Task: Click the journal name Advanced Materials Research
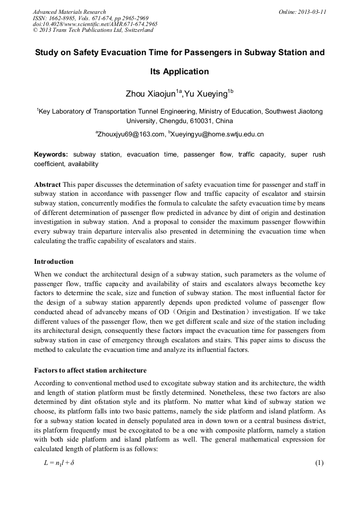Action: coord(69,12)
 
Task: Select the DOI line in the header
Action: coord(95,24)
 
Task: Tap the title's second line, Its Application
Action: coord(179,72)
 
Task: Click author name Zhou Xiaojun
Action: coord(150,94)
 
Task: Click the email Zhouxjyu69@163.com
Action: coord(131,135)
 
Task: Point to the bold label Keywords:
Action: coord(51,154)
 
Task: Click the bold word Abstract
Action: coord(47,184)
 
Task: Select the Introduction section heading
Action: coord(54,262)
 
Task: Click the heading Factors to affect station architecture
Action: coord(90,370)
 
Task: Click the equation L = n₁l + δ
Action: coord(59,463)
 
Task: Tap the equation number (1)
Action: coord(319,463)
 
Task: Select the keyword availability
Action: coord(83,164)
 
